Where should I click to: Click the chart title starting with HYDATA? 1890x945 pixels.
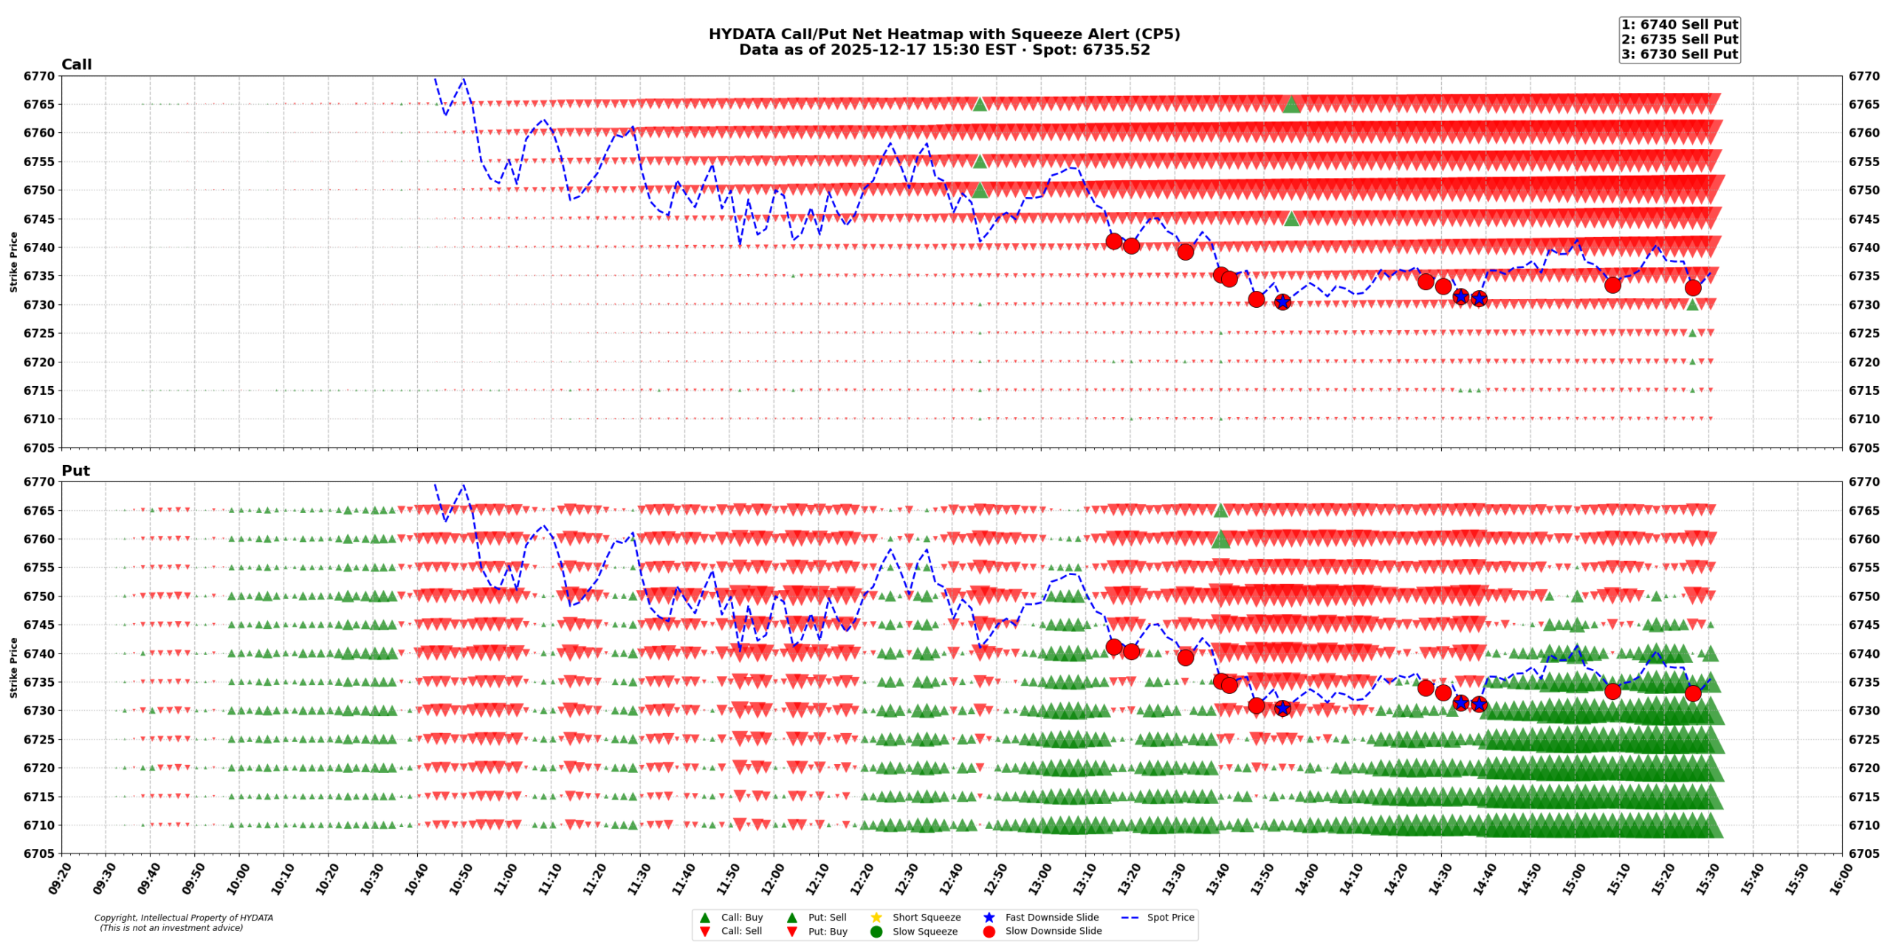[x=944, y=34]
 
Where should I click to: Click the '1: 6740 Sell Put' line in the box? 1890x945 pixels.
[x=1679, y=24]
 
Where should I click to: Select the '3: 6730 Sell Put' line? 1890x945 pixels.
[x=1679, y=54]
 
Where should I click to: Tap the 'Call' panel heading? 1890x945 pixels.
[x=76, y=64]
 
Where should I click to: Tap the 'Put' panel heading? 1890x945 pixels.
[x=75, y=470]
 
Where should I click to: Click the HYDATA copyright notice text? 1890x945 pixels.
[x=183, y=923]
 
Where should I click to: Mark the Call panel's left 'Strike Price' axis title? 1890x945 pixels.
[x=13, y=261]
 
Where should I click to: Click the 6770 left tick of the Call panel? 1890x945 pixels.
[x=39, y=76]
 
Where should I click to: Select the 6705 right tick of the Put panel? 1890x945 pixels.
[x=1864, y=853]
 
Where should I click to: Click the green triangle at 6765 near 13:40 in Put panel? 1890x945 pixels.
[x=1220, y=510]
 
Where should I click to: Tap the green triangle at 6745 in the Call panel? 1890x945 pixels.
[x=1291, y=218]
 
